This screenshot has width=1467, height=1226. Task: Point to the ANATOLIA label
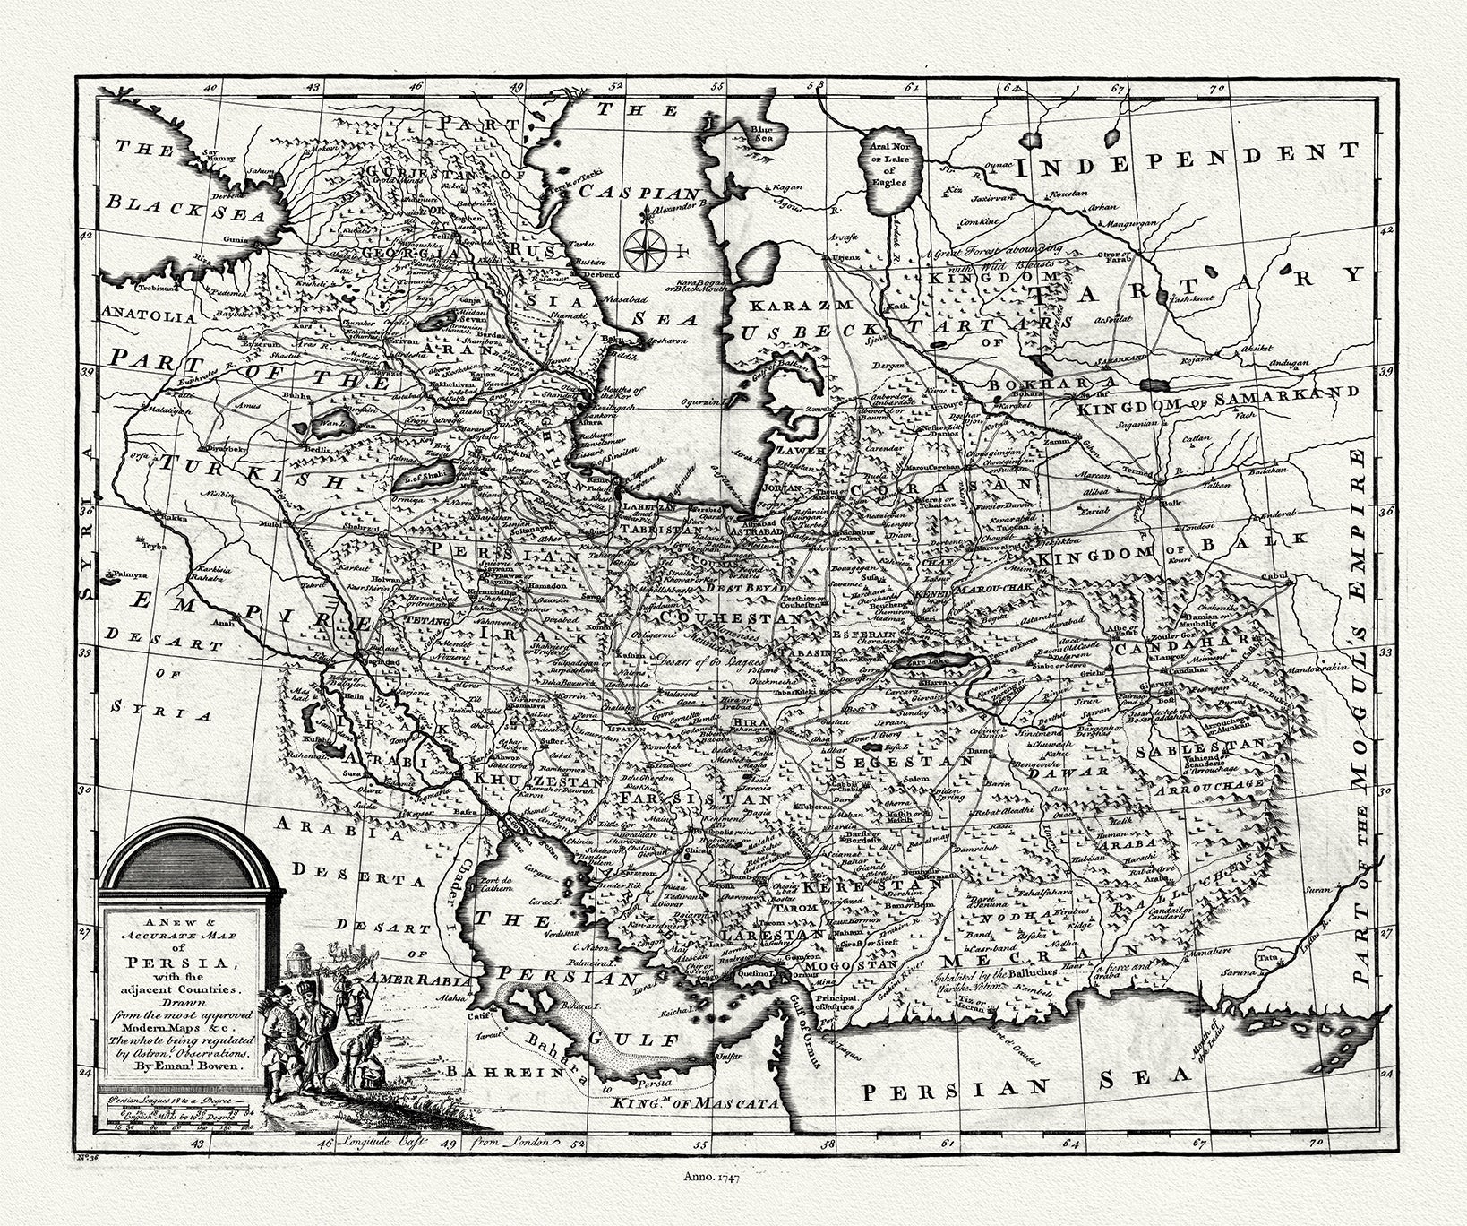[149, 315]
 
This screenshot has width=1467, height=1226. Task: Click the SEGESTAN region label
[905, 761]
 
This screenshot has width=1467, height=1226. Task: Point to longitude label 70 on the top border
[1215, 90]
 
